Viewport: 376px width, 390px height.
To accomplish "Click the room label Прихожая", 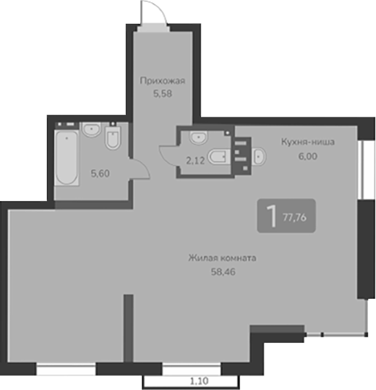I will pyautogui.click(x=158, y=81).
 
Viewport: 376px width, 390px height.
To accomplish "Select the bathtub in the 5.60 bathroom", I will pyautogui.click(x=66, y=158).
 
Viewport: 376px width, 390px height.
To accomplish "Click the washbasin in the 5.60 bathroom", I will pyautogui.click(x=91, y=130).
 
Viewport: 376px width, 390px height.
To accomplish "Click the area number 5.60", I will pyautogui.click(x=100, y=173).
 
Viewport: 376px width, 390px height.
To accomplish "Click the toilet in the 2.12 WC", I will pyautogui.click(x=218, y=155).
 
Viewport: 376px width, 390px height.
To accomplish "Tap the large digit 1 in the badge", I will pyautogui.click(x=271, y=216).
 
